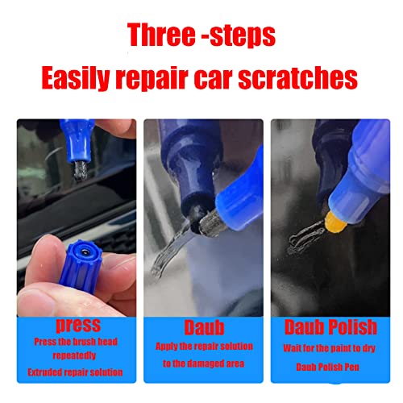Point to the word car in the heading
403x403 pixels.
[x=222, y=78]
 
